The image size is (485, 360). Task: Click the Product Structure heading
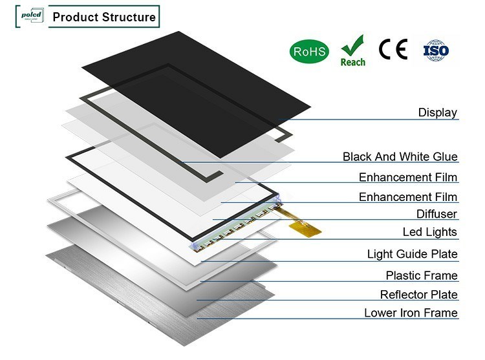[103, 17]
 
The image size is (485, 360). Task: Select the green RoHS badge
[308, 51]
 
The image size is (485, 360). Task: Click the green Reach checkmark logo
[352, 50]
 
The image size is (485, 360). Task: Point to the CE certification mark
[393, 50]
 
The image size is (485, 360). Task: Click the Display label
[437, 112]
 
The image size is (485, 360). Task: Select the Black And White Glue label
[400, 157]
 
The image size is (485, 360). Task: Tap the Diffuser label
[436, 214]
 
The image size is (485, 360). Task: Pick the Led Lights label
[430, 232]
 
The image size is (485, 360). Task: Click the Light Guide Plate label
[412, 254]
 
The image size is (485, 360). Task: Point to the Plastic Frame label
[422, 276]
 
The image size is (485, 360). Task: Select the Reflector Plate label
[418, 295]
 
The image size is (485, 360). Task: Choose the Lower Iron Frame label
[411, 313]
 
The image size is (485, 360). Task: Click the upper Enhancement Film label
[408, 177]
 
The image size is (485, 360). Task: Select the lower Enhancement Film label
[408, 197]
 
